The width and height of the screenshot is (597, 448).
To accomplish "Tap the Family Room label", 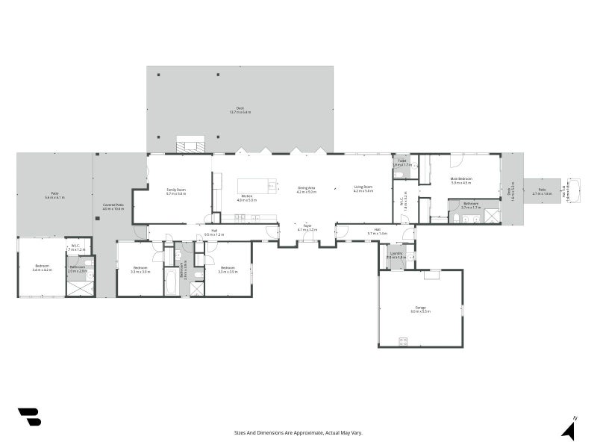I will click(x=176, y=190).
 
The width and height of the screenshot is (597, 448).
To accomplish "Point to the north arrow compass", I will click(x=569, y=429).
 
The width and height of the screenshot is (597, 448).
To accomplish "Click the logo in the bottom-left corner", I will click(x=29, y=417).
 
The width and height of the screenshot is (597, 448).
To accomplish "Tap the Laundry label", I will click(x=396, y=253).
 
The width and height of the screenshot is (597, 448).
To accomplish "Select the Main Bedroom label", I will click(x=461, y=179).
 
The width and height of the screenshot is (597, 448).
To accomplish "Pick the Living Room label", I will click(x=363, y=188).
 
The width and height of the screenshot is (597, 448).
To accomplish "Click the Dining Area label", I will click(x=307, y=188).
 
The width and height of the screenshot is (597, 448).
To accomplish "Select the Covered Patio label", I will click(x=113, y=205).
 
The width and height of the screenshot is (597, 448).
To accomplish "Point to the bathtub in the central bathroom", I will click(x=171, y=282).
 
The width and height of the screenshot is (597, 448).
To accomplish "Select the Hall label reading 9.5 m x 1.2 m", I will click(x=214, y=234).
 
